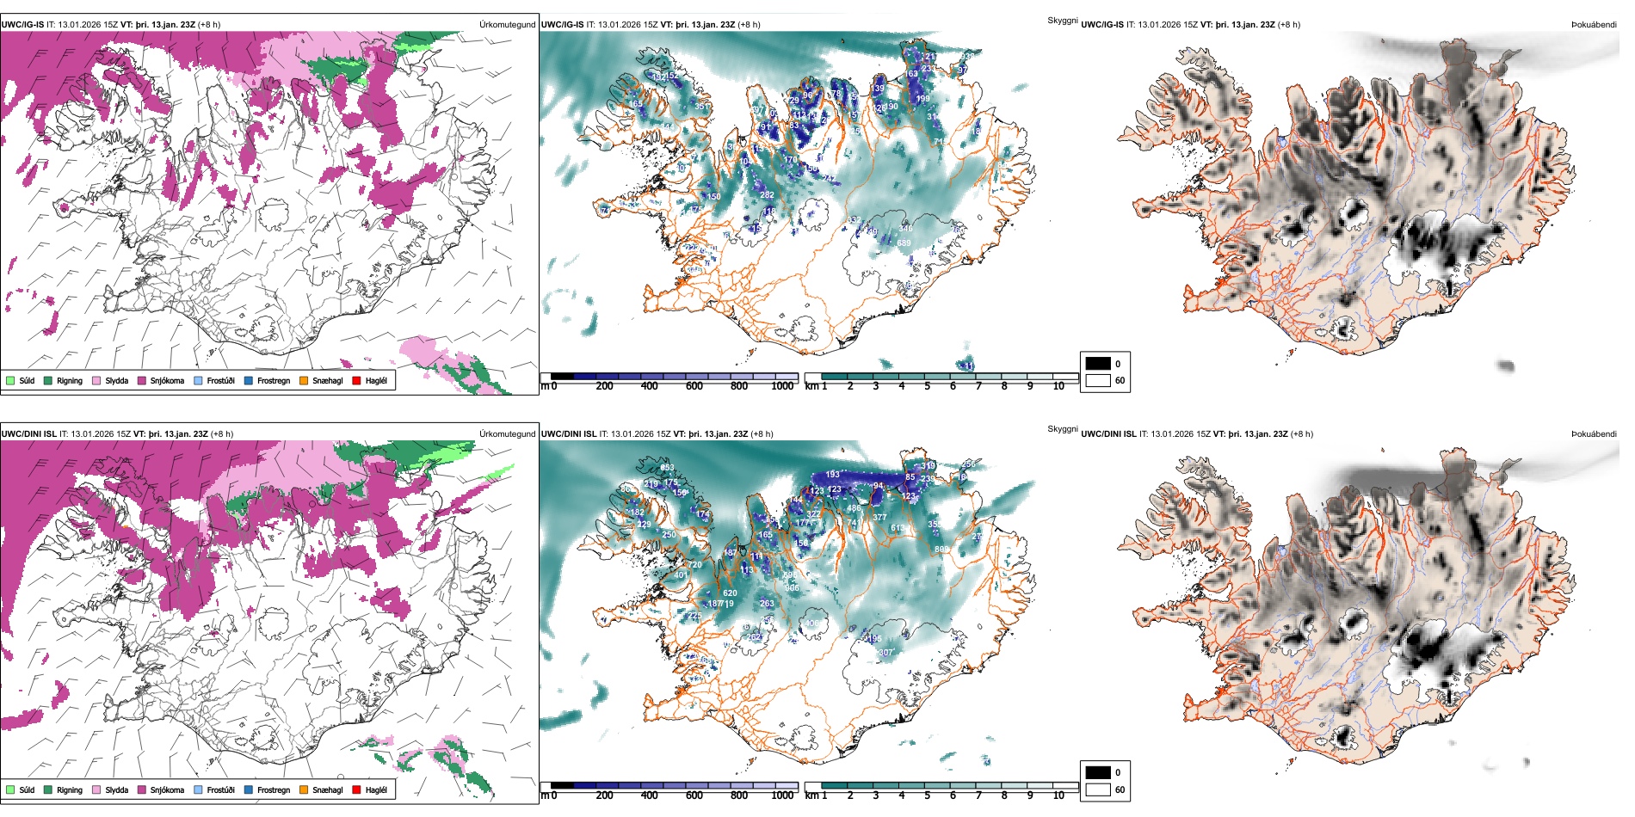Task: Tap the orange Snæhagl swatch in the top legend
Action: (x=304, y=380)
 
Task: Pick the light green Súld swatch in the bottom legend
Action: (x=10, y=789)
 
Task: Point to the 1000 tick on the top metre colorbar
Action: (x=782, y=386)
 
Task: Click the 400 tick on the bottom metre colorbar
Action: (x=649, y=795)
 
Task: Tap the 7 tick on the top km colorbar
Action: (x=978, y=386)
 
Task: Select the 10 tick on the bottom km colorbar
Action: (x=1058, y=795)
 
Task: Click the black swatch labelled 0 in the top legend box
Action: (x=1098, y=364)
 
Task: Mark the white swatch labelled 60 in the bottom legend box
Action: (x=1098, y=789)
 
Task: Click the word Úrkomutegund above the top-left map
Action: (x=507, y=25)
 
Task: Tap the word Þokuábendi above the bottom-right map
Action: (x=1594, y=434)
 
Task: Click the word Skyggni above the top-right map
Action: (x=1062, y=21)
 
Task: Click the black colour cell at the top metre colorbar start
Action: (x=562, y=377)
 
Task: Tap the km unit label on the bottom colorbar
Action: (x=811, y=795)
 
